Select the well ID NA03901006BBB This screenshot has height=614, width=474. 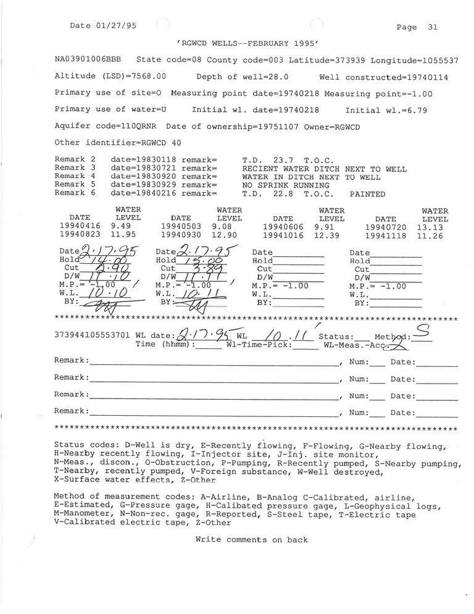(88, 61)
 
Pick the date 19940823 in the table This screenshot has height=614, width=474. (79, 235)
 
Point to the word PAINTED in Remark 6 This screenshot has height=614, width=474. (367, 194)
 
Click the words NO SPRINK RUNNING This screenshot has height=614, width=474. (286, 185)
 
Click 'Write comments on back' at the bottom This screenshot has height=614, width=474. (251, 539)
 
